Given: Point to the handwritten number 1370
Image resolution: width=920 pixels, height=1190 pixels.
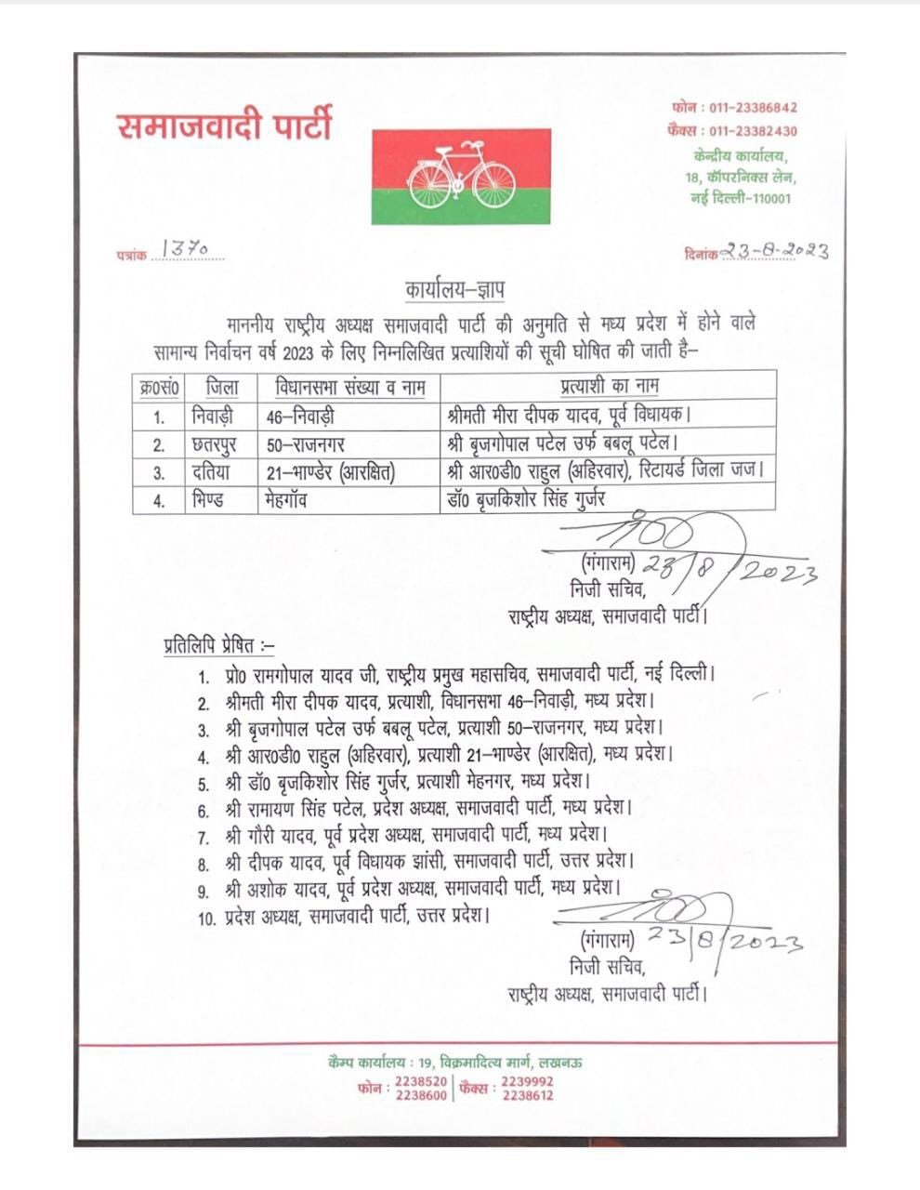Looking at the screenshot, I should (x=184, y=248).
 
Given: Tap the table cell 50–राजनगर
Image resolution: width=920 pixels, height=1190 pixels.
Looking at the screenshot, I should (x=306, y=444).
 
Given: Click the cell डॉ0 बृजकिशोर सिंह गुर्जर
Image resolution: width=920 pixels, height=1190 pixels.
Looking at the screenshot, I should (x=526, y=500).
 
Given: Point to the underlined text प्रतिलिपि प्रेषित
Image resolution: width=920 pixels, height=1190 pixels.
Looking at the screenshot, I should (x=215, y=643).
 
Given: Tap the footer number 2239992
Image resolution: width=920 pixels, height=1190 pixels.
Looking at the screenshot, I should (x=527, y=1082).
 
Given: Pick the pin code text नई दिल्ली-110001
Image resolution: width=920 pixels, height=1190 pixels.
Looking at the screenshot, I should (x=742, y=198).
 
